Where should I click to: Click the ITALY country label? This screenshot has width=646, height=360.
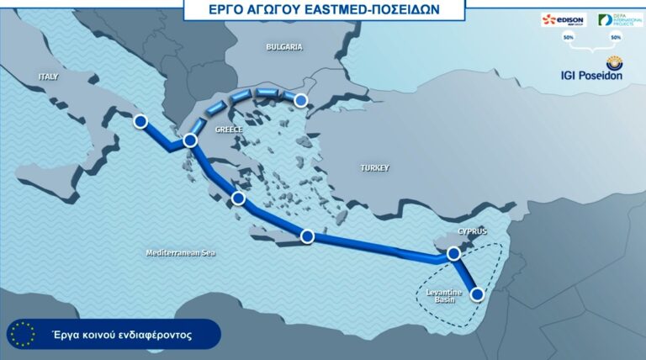[49, 77]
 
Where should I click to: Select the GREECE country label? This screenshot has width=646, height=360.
[229, 130]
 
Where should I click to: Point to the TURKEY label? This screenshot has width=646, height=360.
[374, 168]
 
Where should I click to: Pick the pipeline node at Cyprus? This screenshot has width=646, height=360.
[454, 252]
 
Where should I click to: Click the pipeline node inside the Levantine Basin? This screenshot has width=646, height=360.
[478, 294]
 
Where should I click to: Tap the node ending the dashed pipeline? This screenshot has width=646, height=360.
[300, 102]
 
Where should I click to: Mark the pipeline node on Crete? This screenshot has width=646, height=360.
[308, 236]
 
